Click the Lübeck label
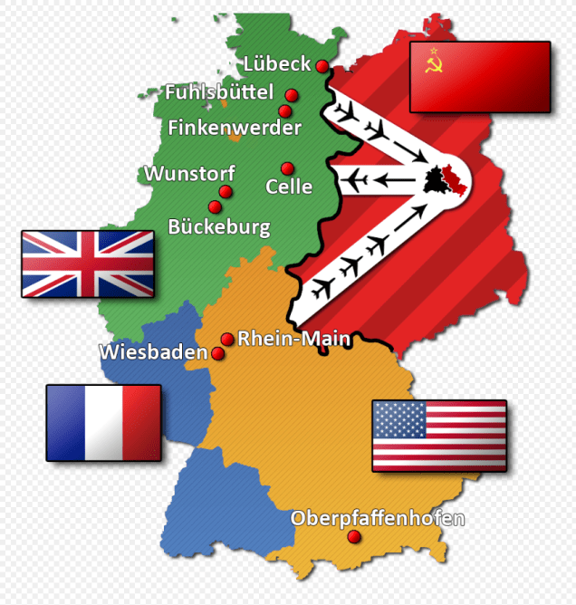click(x=276, y=64)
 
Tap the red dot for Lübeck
click(x=322, y=66)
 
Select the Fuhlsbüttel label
click(x=218, y=92)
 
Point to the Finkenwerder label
click(x=235, y=128)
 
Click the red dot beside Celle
click(x=287, y=168)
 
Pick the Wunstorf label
click(x=189, y=173)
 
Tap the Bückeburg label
click(x=219, y=226)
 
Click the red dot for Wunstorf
click(x=226, y=192)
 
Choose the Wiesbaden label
click(x=153, y=352)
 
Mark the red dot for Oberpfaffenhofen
click(x=354, y=537)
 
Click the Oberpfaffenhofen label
click(x=378, y=518)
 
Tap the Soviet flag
click(x=479, y=77)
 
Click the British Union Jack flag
click(x=88, y=264)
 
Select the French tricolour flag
click(x=103, y=422)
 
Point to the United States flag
click(x=439, y=436)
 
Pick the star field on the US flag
click(x=399, y=419)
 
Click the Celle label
click(x=289, y=187)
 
